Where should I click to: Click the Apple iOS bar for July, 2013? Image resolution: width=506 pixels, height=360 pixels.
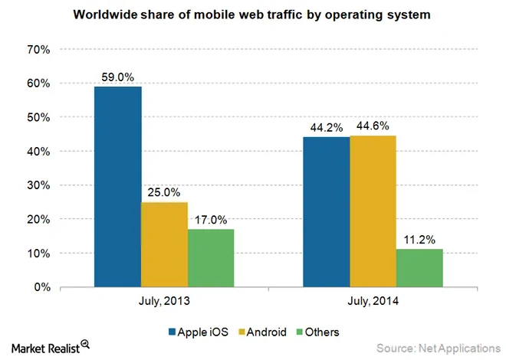pos(118,187)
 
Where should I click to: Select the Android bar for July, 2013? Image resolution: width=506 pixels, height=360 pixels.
pos(165,244)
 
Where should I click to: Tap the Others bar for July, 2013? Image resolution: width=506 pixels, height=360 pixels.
pos(211,258)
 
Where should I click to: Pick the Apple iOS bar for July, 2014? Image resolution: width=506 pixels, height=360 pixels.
pos(327,212)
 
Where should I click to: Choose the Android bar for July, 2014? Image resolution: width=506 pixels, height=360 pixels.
pos(373,211)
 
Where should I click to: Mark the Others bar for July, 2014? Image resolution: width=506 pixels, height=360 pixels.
pos(419,268)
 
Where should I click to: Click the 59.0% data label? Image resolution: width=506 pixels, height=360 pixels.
pos(118,77)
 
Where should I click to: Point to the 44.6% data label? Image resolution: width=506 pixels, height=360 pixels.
pos(373,126)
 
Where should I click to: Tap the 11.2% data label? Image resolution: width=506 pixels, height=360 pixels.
pos(419,240)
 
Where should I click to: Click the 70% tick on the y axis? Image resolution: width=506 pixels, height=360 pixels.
pos(38,49)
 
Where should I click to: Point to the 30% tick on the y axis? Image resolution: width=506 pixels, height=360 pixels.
pos(38,185)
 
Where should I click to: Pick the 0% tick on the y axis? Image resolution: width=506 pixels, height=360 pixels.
pos(41,287)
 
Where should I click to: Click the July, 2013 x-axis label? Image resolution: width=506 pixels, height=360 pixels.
pos(164,303)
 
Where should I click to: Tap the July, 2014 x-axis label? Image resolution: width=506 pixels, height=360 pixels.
pos(373,303)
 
